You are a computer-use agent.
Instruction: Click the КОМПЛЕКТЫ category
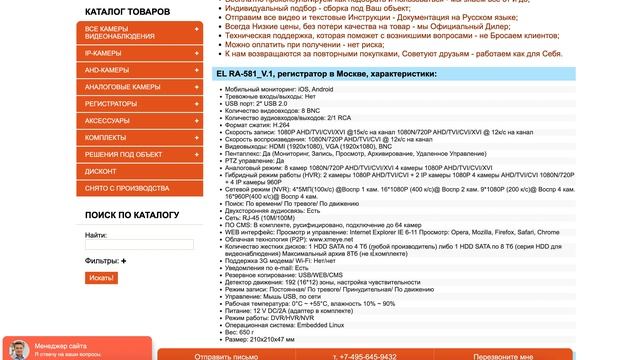click(106, 137)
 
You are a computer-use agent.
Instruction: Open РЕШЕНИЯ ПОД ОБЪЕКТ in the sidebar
click(123, 154)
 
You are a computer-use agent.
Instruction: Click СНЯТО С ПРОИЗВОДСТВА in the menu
click(127, 188)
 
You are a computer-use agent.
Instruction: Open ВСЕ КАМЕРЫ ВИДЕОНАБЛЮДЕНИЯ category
click(120, 34)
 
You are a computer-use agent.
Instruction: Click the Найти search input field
click(140, 243)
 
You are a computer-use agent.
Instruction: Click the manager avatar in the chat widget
click(17, 349)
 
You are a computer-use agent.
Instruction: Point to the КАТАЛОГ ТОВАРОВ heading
click(126, 11)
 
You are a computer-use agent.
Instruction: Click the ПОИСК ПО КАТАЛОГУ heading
click(132, 215)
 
